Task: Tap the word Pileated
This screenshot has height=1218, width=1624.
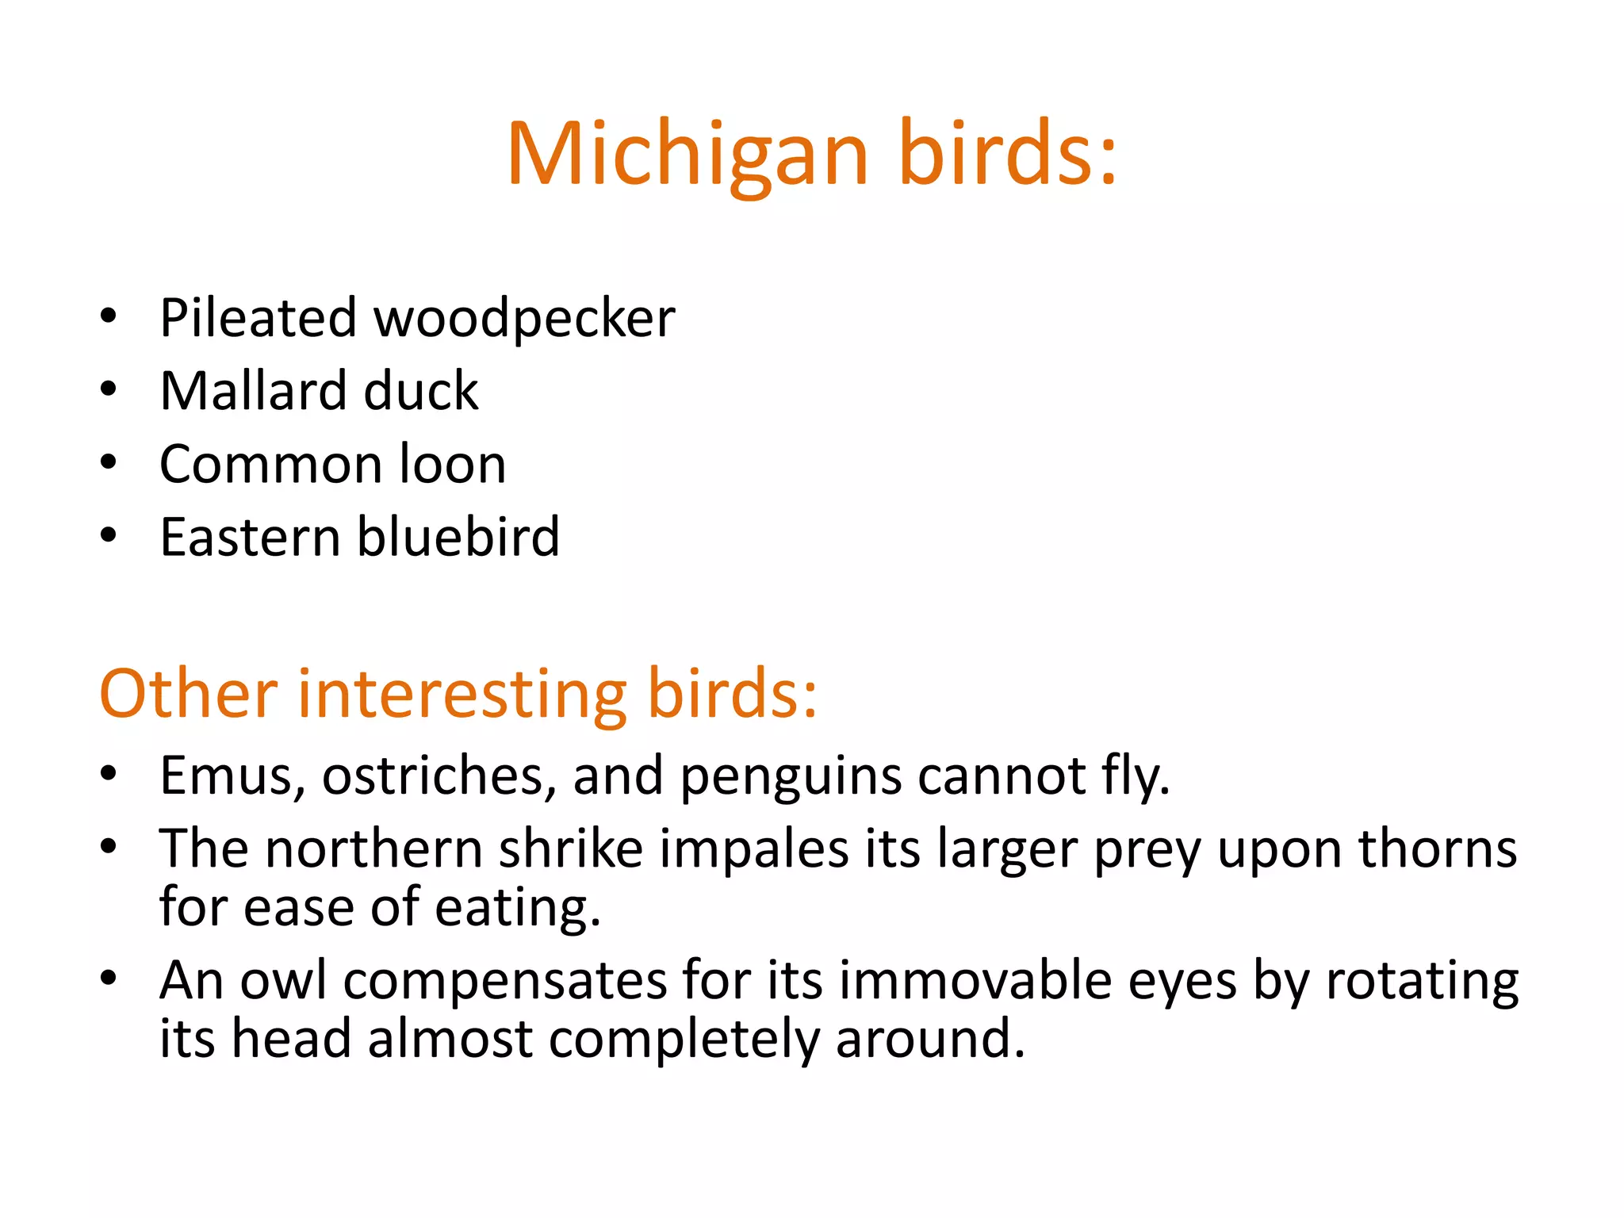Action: coord(258,319)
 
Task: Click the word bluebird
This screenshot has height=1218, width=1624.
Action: coord(458,537)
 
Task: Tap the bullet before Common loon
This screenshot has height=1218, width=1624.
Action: coord(109,463)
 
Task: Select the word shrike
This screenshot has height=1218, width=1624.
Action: coord(570,849)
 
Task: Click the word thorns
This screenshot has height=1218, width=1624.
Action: coord(1438,849)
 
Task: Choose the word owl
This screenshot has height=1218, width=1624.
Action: coord(283,981)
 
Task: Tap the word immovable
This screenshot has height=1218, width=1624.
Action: coord(975,981)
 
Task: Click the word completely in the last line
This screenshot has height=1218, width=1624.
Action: coord(683,1040)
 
